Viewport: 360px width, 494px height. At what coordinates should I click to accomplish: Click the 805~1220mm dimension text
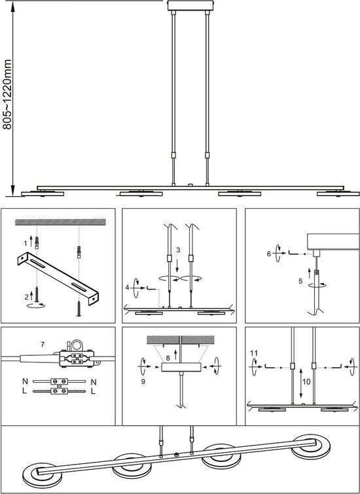click(x=7, y=94)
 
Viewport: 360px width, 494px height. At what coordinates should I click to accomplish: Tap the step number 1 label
click(x=26, y=243)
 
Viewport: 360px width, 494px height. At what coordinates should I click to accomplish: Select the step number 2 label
click(x=27, y=296)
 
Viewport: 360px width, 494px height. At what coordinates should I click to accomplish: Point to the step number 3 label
click(x=179, y=250)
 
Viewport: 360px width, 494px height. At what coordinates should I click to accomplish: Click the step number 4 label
click(x=128, y=288)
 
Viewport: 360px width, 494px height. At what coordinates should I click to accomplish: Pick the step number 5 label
click(x=300, y=281)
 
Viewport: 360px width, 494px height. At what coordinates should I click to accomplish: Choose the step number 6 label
click(x=269, y=254)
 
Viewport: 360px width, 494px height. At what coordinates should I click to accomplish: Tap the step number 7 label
click(x=43, y=345)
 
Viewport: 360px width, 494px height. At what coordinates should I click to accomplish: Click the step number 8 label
click(x=168, y=358)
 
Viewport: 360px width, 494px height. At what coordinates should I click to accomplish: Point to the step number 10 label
click(x=306, y=382)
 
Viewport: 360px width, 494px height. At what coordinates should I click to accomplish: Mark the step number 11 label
click(x=254, y=353)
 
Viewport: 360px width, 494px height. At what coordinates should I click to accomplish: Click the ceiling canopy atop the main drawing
click(x=190, y=5)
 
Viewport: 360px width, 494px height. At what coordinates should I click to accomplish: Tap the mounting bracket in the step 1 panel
click(x=58, y=278)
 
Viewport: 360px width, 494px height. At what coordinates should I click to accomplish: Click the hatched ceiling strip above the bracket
click(x=60, y=222)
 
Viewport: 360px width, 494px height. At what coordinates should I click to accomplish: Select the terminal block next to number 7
click(x=77, y=359)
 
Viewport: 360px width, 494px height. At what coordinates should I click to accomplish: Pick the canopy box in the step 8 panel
click(x=181, y=367)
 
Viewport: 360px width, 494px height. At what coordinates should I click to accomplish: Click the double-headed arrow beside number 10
click(x=301, y=383)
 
